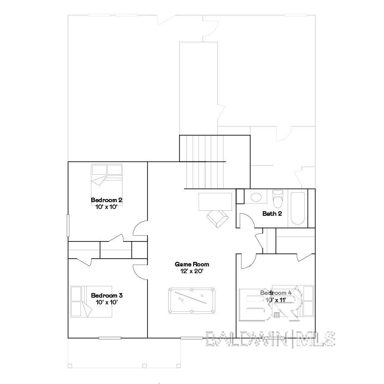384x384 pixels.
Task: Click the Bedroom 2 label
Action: tap(107, 200)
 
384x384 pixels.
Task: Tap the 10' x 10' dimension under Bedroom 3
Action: tap(107, 302)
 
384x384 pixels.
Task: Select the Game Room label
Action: tap(192, 264)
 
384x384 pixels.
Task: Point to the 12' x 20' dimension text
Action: tap(192, 271)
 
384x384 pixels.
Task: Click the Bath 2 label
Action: tap(272, 213)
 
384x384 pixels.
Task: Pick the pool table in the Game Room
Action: tap(192, 301)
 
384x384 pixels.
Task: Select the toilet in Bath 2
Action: tap(278, 199)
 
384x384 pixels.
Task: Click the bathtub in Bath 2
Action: tap(298, 209)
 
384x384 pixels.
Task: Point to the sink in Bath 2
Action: tap(256, 198)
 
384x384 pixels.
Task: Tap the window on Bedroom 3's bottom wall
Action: tap(110, 338)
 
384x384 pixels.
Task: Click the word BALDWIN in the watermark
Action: tap(248, 338)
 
